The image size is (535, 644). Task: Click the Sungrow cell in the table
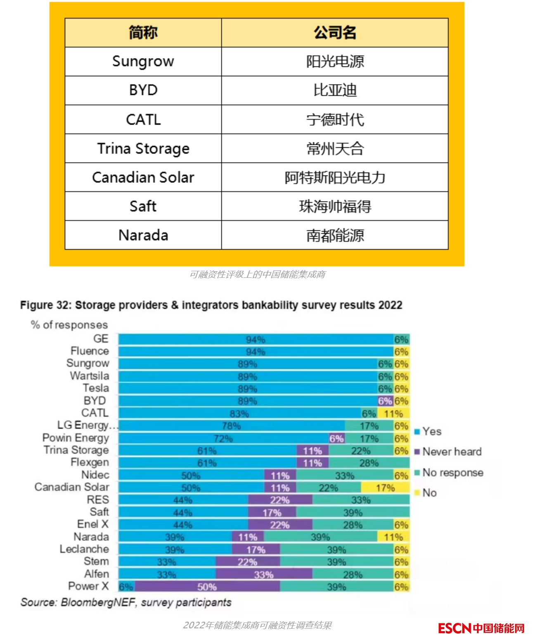click(143, 62)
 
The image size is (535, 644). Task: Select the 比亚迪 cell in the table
click(335, 90)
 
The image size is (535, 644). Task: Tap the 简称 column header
click(143, 33)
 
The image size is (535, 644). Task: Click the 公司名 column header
click(335, 33)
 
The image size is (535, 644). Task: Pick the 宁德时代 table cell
click(335, 119)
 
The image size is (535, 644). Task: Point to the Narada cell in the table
click(143, 235)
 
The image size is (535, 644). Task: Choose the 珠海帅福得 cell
click(335, 206)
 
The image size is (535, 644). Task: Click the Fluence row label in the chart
click(90, 351)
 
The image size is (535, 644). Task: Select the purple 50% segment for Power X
click(207, 587)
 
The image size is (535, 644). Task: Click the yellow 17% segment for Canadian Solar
click(385, 488)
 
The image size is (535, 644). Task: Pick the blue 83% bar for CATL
click(239, 413)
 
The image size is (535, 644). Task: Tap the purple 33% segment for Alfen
click(264, 574)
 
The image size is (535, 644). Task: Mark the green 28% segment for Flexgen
click(369, 463)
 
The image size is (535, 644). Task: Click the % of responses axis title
click(69, 325)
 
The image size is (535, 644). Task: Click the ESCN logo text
click(454, 628)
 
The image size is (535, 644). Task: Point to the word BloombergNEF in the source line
click(98, 602)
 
